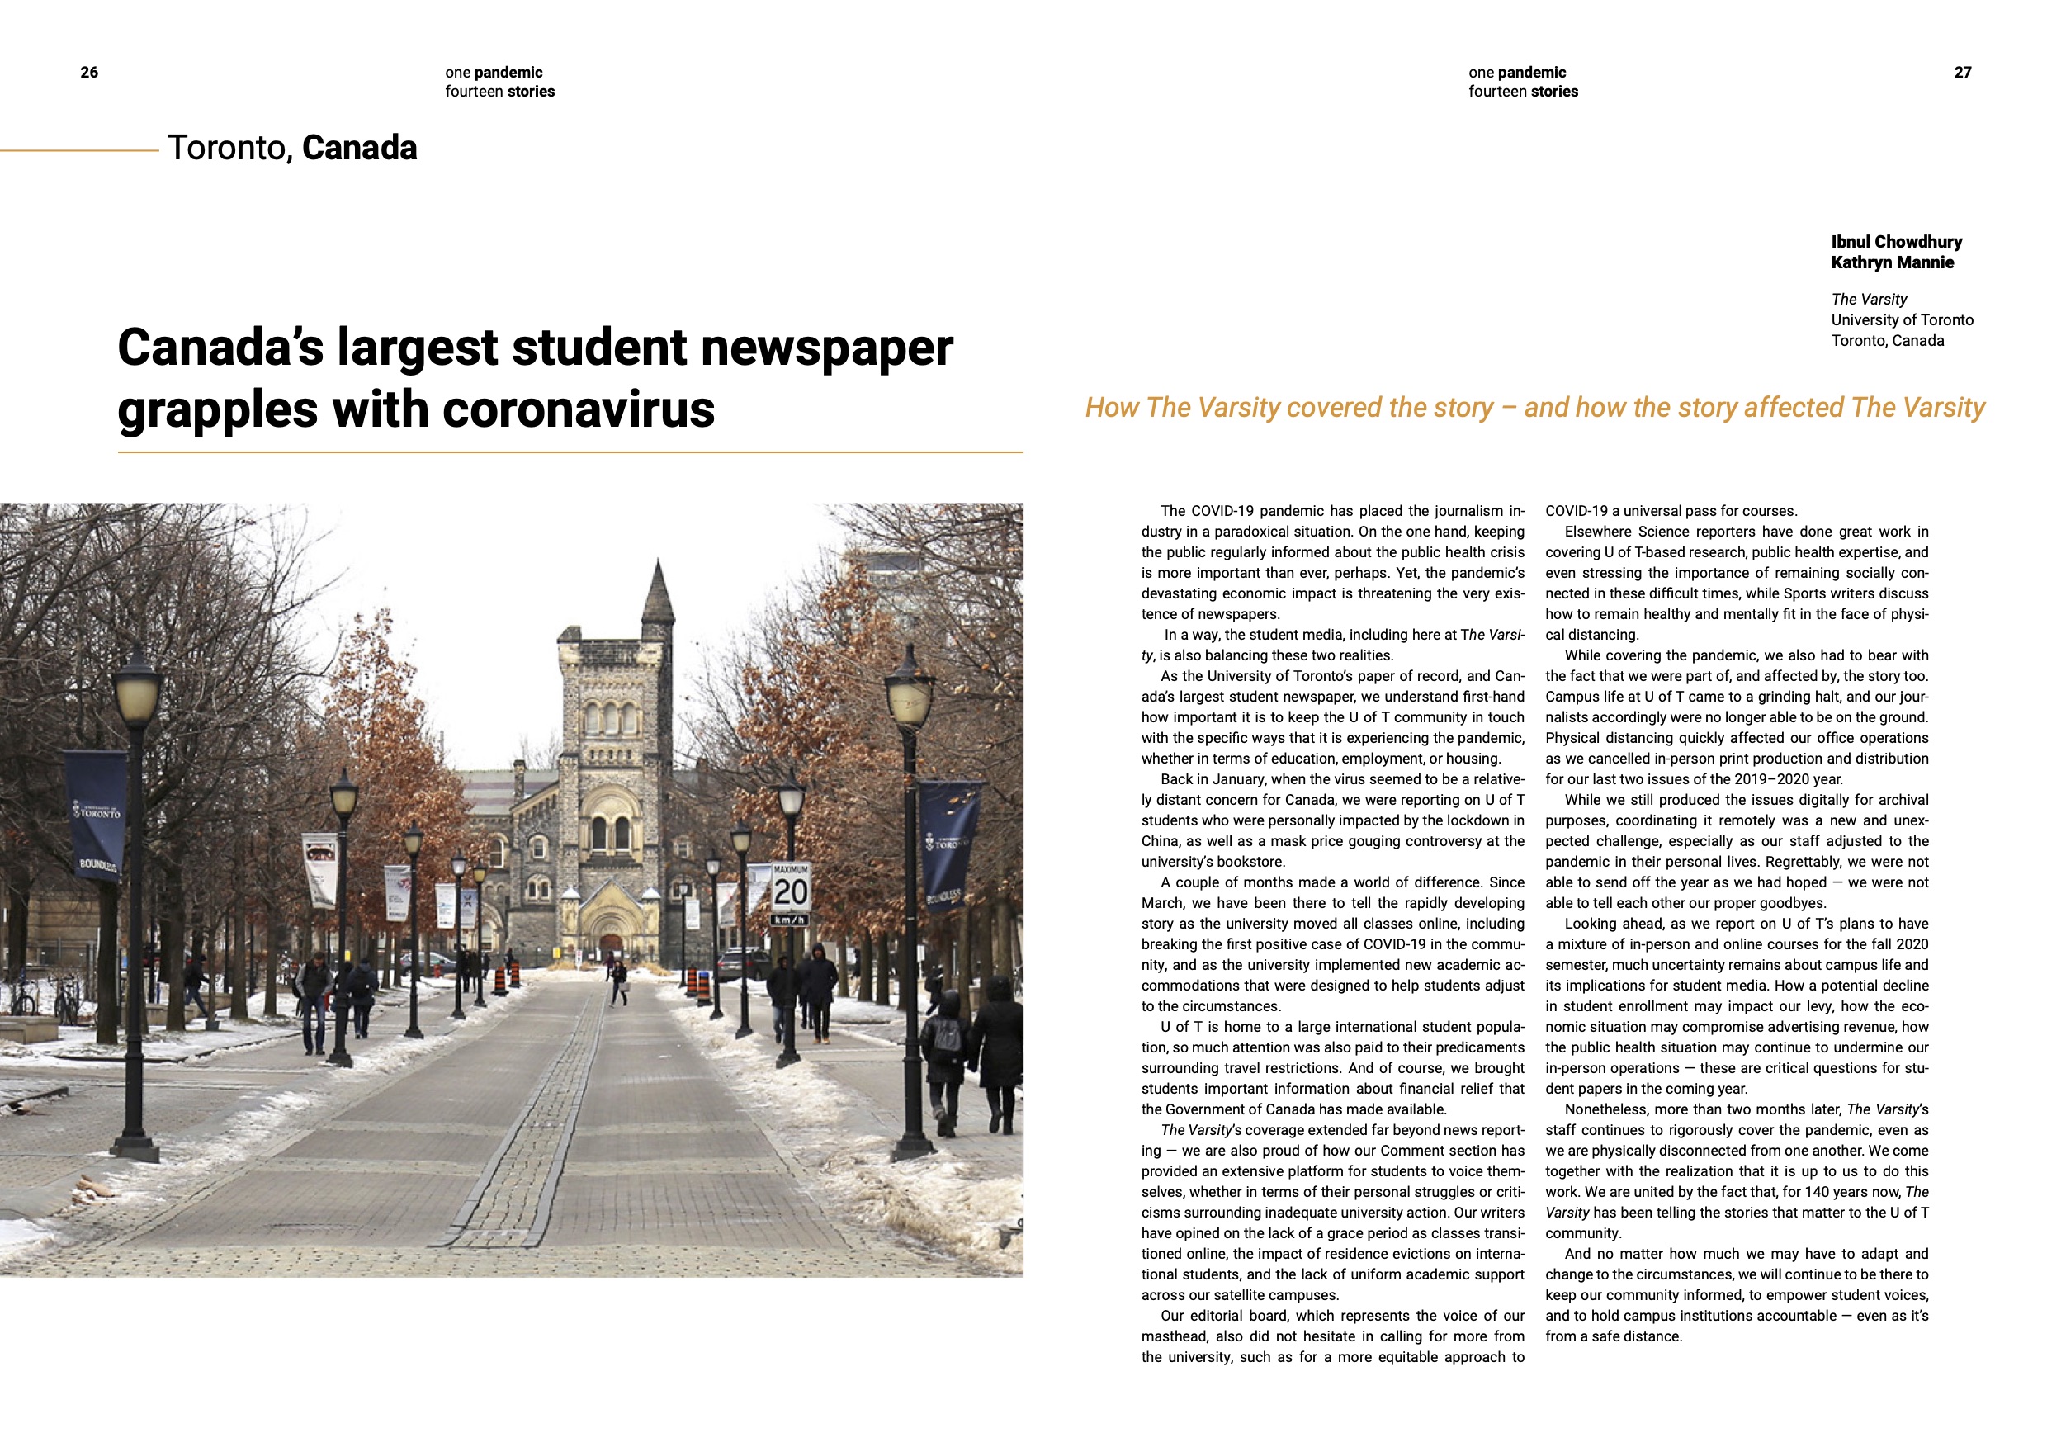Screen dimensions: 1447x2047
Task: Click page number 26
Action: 89,72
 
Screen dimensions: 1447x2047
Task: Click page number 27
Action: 1962,72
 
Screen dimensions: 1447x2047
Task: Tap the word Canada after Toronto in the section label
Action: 359,148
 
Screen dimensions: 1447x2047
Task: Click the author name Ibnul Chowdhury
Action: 1896,242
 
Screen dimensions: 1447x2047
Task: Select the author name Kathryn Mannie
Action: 1892,262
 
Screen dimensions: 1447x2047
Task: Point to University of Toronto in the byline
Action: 1902,319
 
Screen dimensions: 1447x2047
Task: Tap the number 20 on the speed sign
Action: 790,891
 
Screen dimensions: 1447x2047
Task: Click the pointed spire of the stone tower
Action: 658,589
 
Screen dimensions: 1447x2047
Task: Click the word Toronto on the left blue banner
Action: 99,813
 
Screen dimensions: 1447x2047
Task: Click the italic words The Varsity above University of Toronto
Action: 1869,299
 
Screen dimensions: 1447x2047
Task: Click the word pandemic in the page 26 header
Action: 508,72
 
